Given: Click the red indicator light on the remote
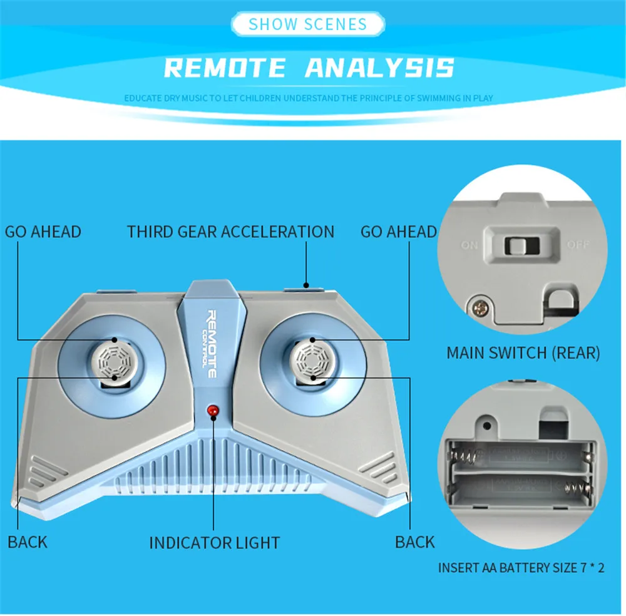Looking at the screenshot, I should pos(212,411).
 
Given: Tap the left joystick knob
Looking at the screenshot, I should pos(115,360).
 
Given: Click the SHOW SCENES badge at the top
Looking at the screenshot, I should pos(307,24).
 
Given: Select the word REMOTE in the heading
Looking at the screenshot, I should pos(225,68).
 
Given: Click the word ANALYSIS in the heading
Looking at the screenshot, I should pos(379,68).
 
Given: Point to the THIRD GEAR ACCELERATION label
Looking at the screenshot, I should pos(230,232).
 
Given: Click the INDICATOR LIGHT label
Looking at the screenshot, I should pos(214,543).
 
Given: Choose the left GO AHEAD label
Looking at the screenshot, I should pos(43,232).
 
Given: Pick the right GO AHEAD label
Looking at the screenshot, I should pos(398,232).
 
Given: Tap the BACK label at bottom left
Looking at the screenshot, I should pos(28,542).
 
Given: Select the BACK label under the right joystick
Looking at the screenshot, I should pos(414,542).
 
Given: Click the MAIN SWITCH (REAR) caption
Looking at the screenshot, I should pos(523,353).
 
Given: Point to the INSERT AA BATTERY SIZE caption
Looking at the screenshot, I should pos(521,568).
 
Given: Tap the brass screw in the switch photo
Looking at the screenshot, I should pos(480,307).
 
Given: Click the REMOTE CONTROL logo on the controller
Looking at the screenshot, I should pos(211,344).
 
